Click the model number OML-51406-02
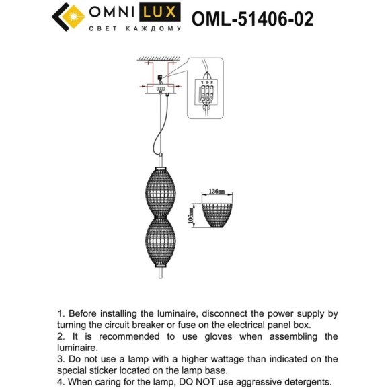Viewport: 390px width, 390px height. click(x=253, y=18)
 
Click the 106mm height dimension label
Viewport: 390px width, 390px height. click(x=191, y=214)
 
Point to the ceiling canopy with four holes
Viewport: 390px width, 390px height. click(x=161, y=89)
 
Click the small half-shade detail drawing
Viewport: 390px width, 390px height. click(x=217, y=214)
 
